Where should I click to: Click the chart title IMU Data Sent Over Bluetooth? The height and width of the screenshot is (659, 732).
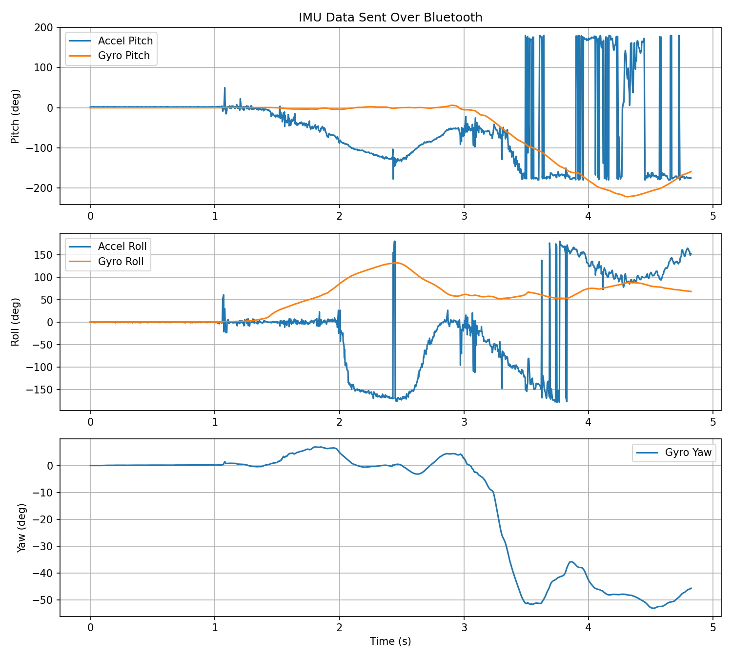[x=390, y=18]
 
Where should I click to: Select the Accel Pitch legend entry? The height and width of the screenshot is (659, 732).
[x=125, y=41]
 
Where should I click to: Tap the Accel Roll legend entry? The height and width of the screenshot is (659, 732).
[x=122, y=247]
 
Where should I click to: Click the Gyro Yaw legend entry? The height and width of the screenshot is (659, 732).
[x=688, y=453]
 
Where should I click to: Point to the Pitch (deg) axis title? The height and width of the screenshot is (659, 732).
[x=15, y=116]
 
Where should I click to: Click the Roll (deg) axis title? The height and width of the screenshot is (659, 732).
[x=15, y=322]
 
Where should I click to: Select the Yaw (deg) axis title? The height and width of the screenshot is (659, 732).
[x=21, y=528]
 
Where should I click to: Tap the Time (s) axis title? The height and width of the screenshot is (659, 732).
[x=390, y=641]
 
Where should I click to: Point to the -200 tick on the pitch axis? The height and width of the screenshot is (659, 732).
[x=43, y=188]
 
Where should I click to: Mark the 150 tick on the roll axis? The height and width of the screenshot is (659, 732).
[x=45, y=255]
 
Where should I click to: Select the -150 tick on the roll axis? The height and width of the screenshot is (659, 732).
[x=43, y=390]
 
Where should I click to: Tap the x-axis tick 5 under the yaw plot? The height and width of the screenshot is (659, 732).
[x=713, y=626]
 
